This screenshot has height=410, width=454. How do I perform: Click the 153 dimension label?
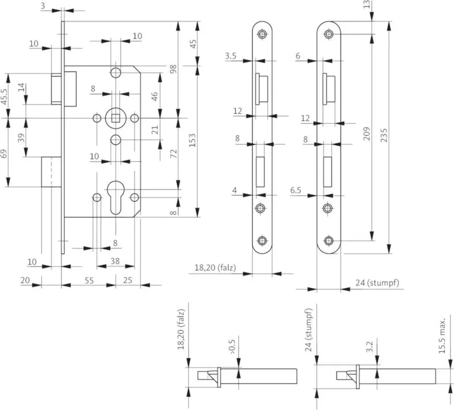[192, 140]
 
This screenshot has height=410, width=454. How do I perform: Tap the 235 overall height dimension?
[384, 135]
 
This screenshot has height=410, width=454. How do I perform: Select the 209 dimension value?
[367, 133]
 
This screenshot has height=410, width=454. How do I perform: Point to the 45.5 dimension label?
[4, 97]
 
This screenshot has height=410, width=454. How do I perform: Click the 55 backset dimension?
[89, 280]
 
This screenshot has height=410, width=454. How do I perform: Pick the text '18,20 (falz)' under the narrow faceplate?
[215, 267]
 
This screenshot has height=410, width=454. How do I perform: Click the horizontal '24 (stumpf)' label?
[377, 282]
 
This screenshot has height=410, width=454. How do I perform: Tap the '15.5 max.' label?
[442, 336]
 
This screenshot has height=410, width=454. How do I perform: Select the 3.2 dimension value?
[369, 347]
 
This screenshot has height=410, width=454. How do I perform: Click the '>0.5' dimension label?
[232, 347]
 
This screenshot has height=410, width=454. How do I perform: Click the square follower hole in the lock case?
[116, 118]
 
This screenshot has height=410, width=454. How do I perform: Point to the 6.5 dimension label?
[296, 190]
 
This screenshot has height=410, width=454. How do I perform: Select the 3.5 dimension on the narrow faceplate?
[231, 55]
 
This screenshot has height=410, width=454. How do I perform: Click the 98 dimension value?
[173, 69]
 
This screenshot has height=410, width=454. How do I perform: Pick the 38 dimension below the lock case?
[115, 261]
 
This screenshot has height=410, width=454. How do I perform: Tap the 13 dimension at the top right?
[367, 4]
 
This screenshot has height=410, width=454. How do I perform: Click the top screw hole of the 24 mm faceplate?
[329, 34]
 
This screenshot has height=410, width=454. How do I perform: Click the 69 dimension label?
[4, 153]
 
